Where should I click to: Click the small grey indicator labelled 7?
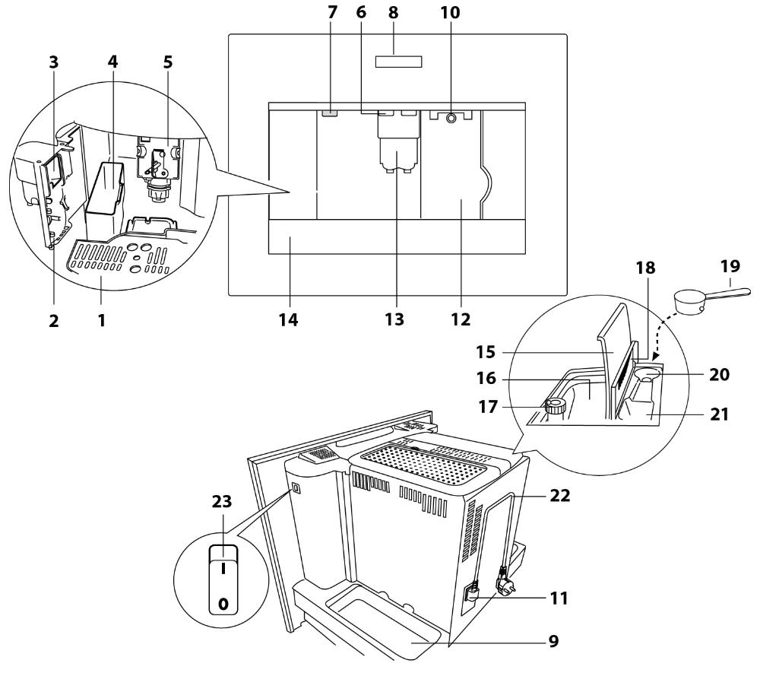pyautogui.click(x=329, y=113)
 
